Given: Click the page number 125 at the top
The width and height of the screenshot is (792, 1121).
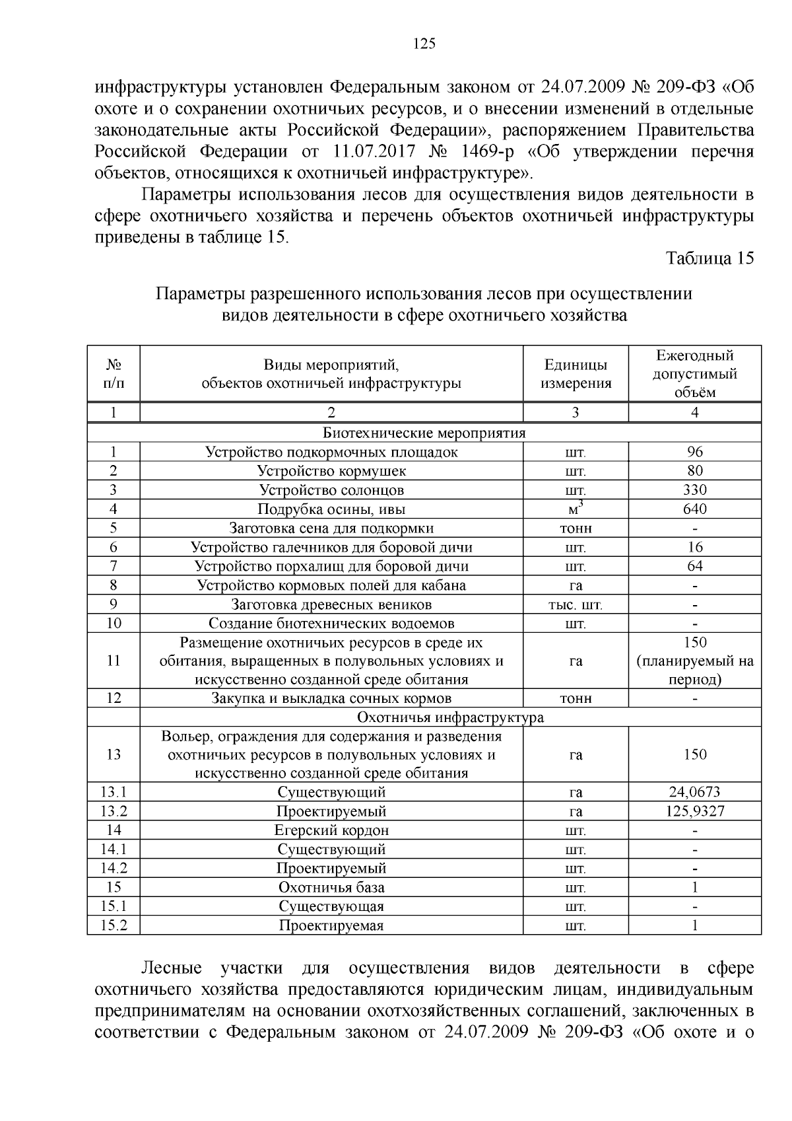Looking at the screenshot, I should [424, 44].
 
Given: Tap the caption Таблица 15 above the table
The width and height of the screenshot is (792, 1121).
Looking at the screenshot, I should [709, 258].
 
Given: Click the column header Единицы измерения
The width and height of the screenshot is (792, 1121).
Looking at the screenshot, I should [576, 374].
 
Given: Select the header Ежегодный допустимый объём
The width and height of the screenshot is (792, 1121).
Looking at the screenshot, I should [694, 374].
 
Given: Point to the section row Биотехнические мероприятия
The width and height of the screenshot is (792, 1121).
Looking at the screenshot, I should [424, 433].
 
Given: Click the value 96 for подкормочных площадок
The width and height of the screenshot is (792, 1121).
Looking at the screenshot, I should [694, 452].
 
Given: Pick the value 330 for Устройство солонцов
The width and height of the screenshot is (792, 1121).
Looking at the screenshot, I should [694, 490].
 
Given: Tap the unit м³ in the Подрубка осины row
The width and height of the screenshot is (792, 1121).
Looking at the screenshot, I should [576, 509].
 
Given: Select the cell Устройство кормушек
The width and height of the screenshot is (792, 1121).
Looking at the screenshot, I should [331, 472].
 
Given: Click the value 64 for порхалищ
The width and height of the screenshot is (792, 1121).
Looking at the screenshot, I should [694, 567].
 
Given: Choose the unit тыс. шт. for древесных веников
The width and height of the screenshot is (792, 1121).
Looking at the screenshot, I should [576, 605].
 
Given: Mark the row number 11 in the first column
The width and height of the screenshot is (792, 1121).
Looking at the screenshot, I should [114, 661].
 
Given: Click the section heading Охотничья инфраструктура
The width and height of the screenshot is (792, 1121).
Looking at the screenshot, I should [450, 718].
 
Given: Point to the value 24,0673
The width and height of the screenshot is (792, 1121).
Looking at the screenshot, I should [694, 793].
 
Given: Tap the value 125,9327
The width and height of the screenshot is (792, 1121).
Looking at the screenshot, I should [694, 812].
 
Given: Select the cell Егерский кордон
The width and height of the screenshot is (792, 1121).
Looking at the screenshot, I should [331, 831].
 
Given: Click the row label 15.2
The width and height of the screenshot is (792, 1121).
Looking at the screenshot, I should [114, 926].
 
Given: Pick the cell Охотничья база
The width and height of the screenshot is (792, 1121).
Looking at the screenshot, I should [331, 888].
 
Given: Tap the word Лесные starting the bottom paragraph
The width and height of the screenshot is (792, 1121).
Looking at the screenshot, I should [172, 968].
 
